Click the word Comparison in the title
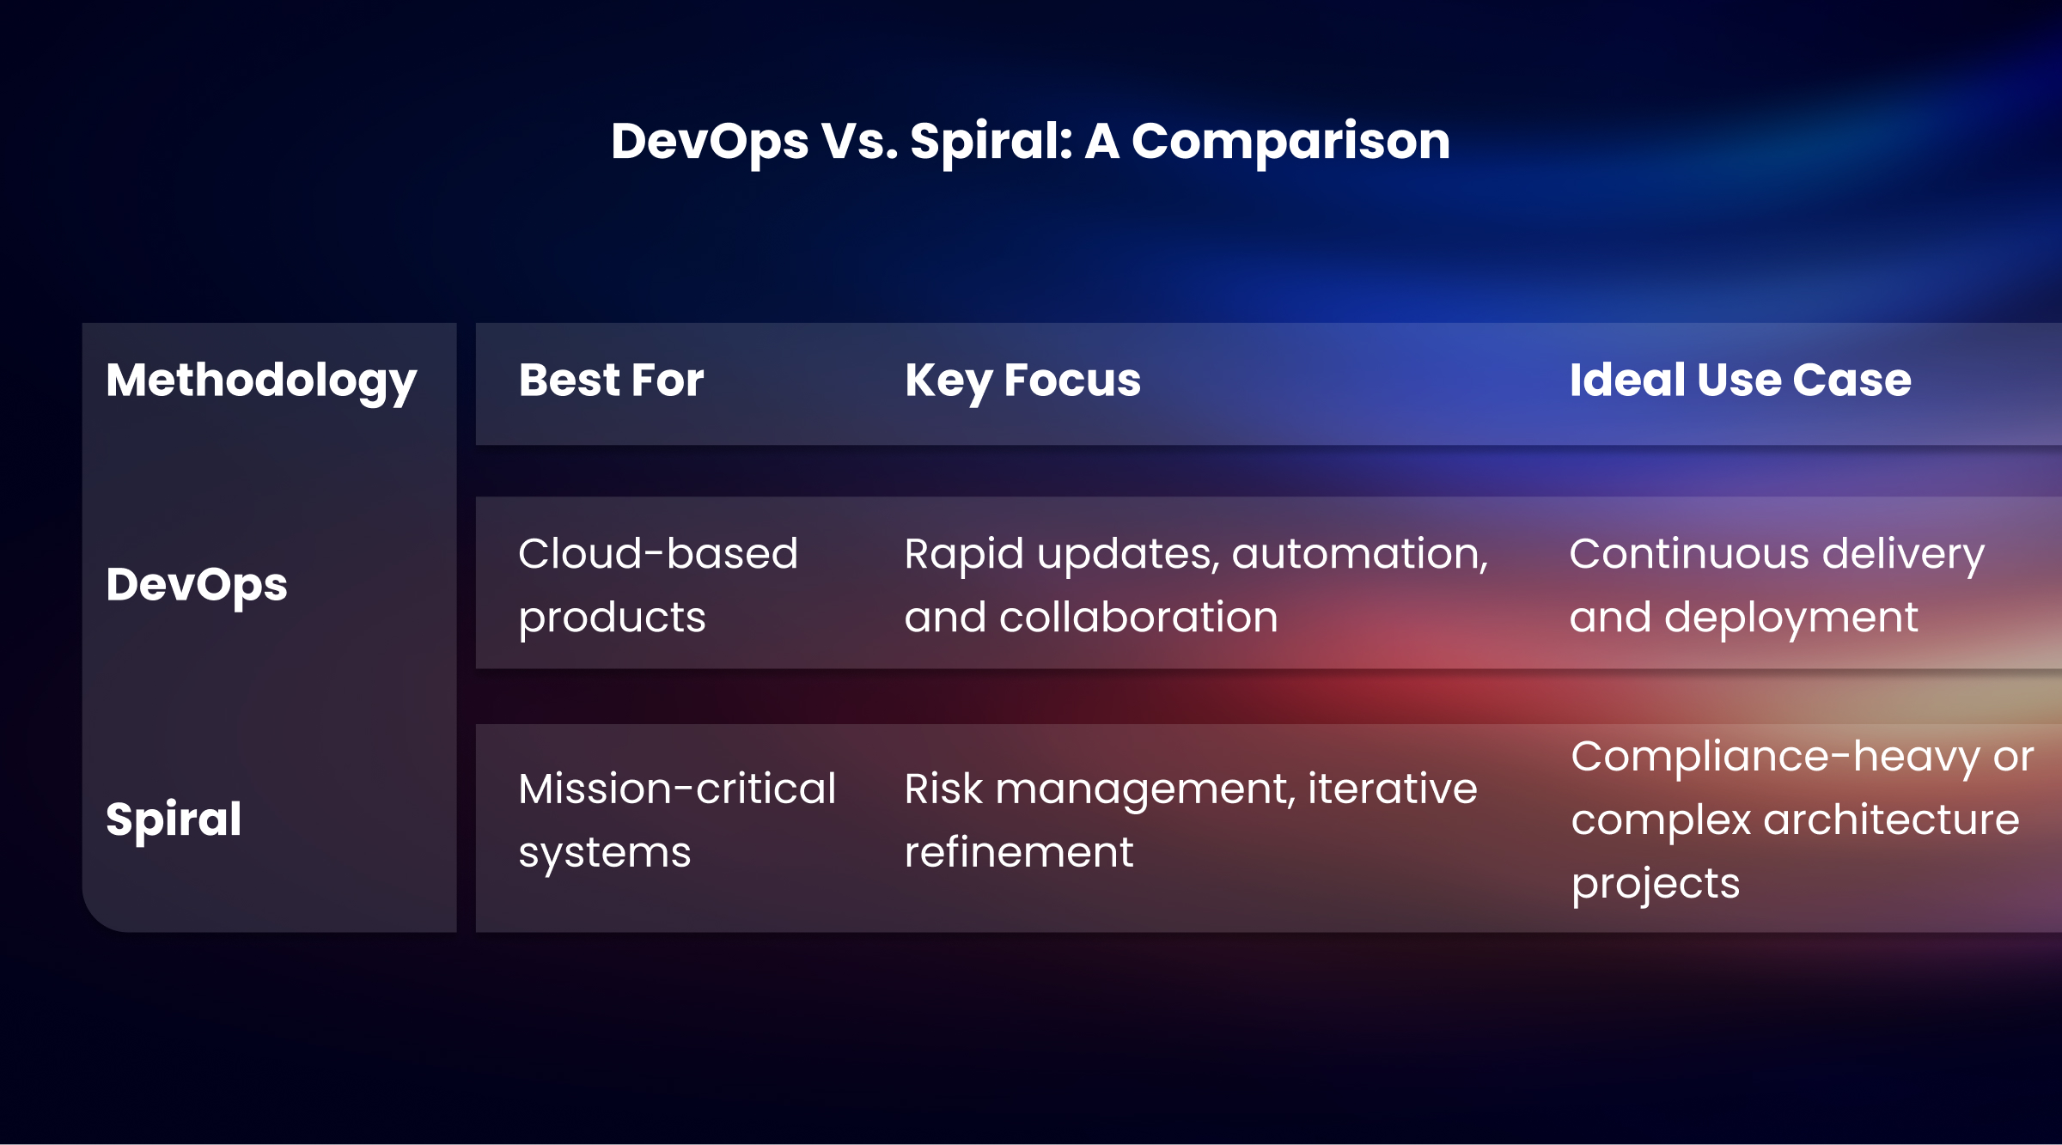tap(1290, 141)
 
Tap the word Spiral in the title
tap(991, 141)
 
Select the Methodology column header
tap(261, 381)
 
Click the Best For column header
tap(611, 381)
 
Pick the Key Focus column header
tap(1022, 381)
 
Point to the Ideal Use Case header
tap(1740, 381)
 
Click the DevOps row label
tap(197, 585)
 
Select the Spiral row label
tap(174, 819)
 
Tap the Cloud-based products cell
tap(658, 585)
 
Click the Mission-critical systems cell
tap(677, 820)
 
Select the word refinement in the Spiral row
tap(1019, 852)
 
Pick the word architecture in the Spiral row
tap(1891, 820)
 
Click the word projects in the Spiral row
tap(1655, 884)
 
